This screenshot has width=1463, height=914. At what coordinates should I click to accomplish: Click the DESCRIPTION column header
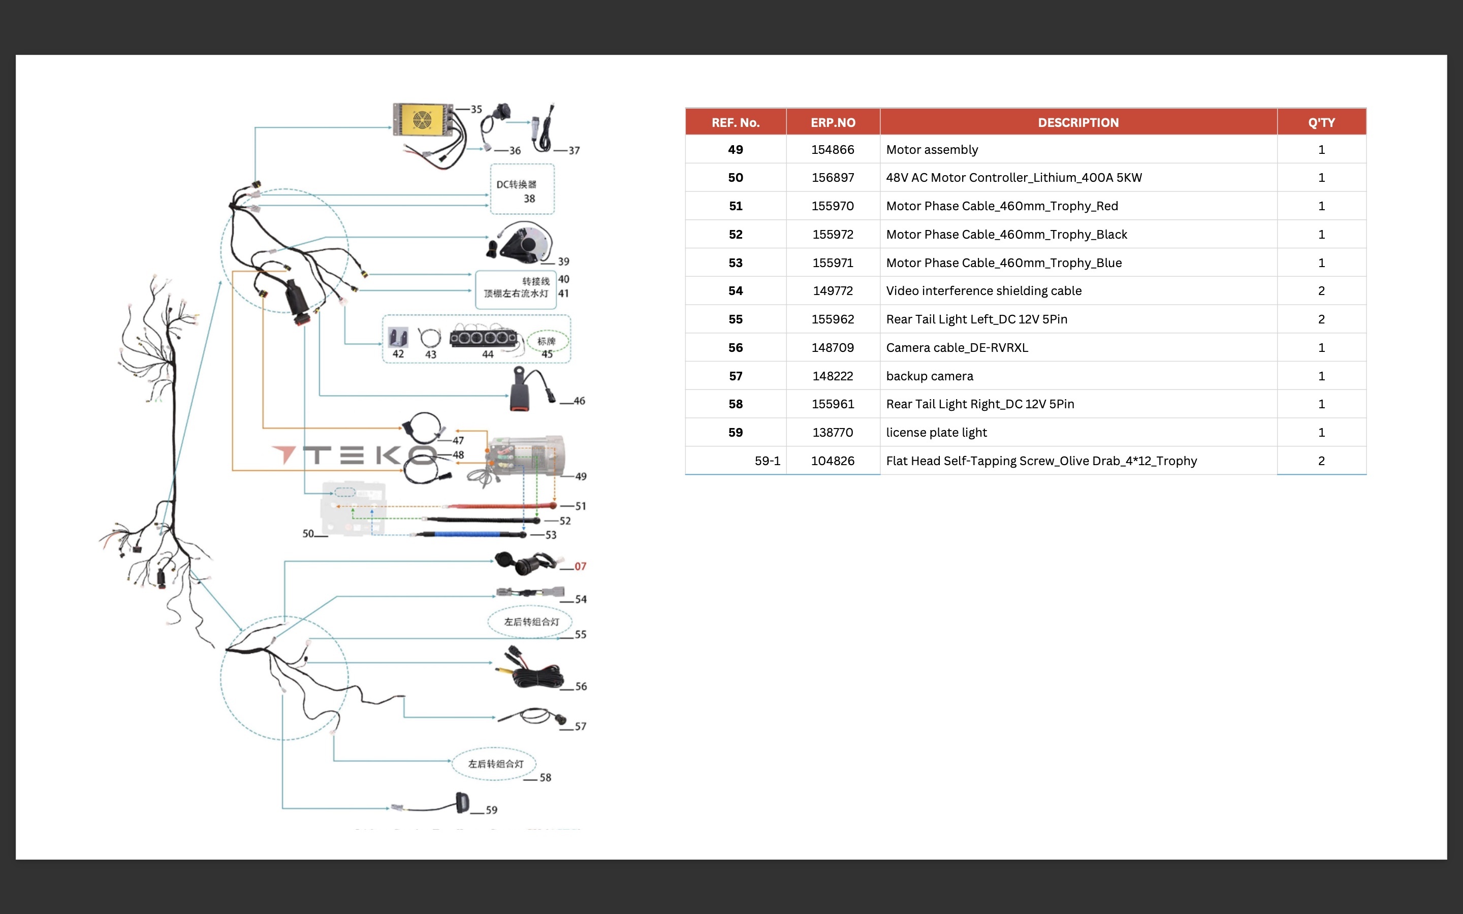pyautogui.click(x=1078, y=123)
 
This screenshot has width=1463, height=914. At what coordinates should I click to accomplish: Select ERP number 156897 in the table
pyautogui.click(x=833, y=178)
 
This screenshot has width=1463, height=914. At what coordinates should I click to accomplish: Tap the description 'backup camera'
pyautogui.click(x=929, y=376)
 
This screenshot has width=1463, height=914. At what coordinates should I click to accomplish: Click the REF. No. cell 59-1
pyautogui.click(x=767, y=461)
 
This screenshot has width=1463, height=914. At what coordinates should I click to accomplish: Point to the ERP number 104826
pyautogui.click(x=833, y=461)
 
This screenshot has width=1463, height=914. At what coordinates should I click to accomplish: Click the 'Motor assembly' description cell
pyautogui.click(x=932, y=149)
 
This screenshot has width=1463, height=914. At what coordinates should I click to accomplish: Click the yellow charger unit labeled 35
pyautogui.click(x=423, y=120)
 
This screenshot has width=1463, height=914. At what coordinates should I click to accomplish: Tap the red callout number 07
pyautogui.click(x=580, y=566)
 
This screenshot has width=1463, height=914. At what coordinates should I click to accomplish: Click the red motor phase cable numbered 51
pyautogui.click(x=502, y=505)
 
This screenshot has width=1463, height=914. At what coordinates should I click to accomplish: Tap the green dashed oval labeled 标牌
pyautogui.click(x=548, y=342)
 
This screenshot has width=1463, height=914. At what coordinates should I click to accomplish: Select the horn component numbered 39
pyautogui.click(x=520, y=242)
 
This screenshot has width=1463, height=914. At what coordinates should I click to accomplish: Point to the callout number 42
pyautogui.click(x=398, y=353)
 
